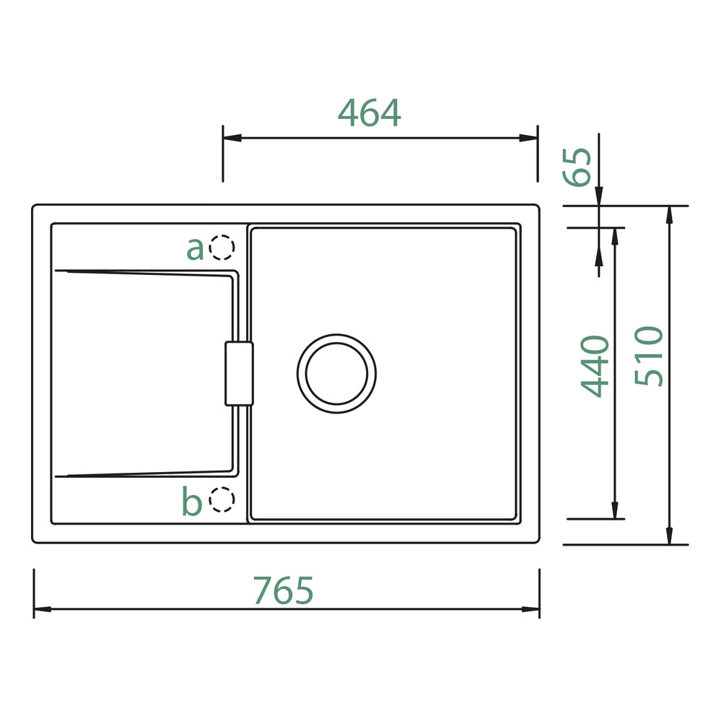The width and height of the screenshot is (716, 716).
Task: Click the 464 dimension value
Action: click(370, 113)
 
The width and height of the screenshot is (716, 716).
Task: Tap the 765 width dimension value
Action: click(284, 590)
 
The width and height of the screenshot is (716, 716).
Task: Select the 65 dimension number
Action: click(577, 167)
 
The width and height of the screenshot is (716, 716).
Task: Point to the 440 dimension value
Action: click(595, 367)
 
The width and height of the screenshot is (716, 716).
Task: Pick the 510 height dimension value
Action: click(648, 356)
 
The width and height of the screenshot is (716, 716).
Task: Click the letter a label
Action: click(195, 249)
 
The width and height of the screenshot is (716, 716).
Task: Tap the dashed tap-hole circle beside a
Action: click(222, 248)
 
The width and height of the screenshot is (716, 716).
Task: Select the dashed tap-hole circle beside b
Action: click(222, 499)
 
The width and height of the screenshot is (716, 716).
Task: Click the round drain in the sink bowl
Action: click(336, 374)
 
